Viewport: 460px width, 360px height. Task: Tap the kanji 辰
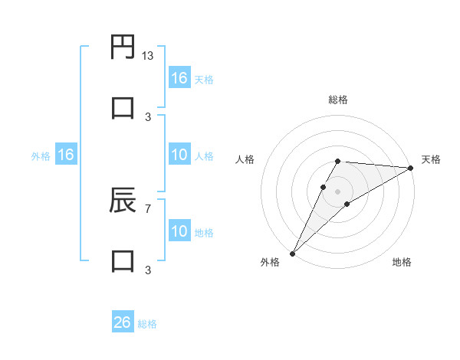[x=123, y=200]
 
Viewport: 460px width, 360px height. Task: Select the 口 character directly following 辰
[x=123, y=260]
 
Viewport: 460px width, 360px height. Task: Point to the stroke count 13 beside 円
[x=148, y=56]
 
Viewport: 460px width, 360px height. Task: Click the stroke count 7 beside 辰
[x=148, y=208]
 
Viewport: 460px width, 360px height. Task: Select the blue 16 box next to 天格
[x=179, y=78]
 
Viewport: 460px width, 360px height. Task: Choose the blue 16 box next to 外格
[x=66, y=155]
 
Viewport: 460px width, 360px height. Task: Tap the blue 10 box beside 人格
[x=179, y=155]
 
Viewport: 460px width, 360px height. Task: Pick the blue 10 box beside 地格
[x=179, y=231]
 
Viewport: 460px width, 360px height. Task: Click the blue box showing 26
[x=123, y=322]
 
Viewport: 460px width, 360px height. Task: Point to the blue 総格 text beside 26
[x=147, y=324]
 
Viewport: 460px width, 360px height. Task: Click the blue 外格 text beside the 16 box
[x=41, y=156]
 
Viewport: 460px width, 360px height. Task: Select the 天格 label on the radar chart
[x=431, y=159]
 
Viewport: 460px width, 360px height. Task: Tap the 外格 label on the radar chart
[x=270, y=262]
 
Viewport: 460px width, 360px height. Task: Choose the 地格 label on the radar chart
[x=402, y=262]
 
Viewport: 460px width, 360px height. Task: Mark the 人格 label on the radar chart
[x=245, y=159]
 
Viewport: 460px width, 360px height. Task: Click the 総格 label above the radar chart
[x=337, y=100]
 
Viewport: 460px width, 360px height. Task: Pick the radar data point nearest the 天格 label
[x=410, y=168]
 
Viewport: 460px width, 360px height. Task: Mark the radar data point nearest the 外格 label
[x=292, y=254]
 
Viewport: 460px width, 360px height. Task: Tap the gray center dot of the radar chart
[x=337, y=191]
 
